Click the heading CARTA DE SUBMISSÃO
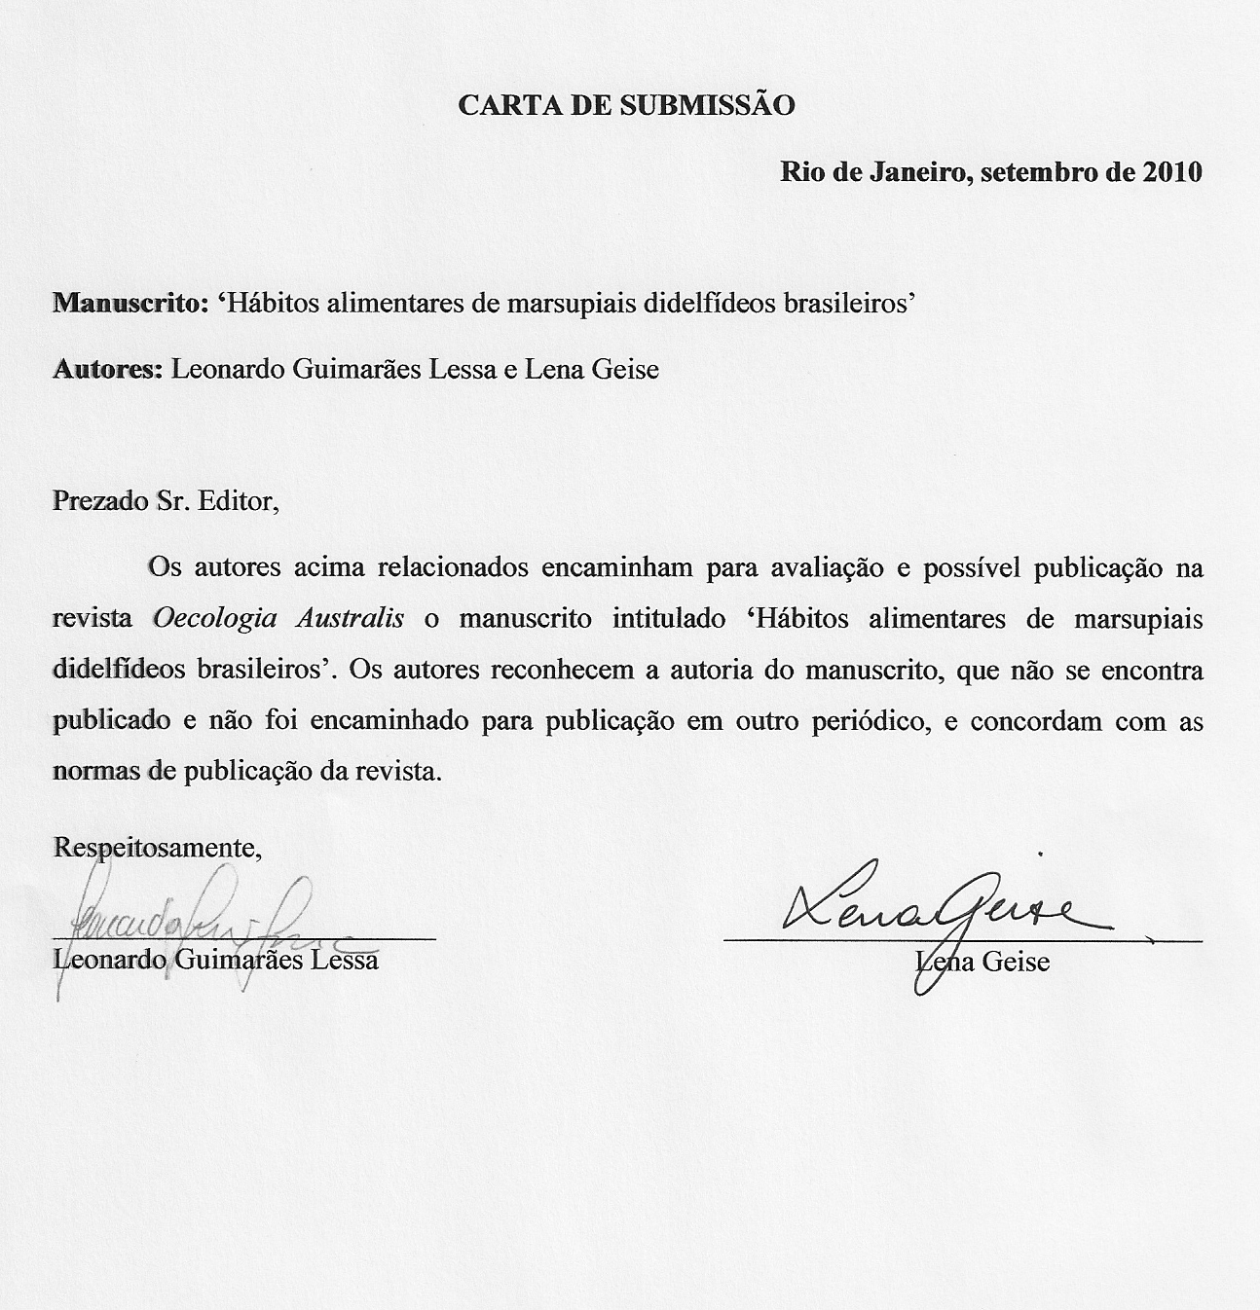(626, 105)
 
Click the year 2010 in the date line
(1171, 172)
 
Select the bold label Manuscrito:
(130, 304)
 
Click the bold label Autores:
(107, 370)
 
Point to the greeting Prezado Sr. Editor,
(166, 502)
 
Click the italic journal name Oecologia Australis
(278, 619)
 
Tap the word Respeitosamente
(158, 847)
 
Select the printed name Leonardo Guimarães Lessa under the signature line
(215, 961)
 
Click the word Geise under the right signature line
(1015, 962)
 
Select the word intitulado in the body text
(668, 619)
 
